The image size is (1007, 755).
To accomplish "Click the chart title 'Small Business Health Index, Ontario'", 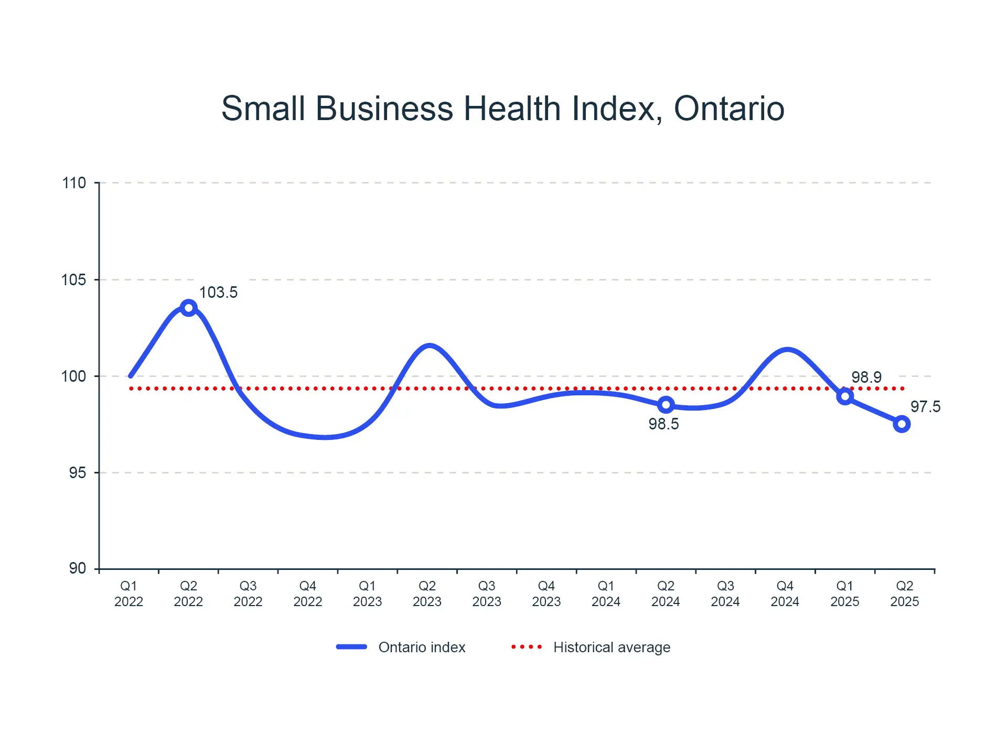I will tap(502, 109).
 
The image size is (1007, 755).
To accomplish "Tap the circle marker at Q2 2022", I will tap(188, 308).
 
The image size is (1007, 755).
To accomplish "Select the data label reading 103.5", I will tap(218, 293).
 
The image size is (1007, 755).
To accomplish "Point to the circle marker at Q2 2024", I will tap(666, 405).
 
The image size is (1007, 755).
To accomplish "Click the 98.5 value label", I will tap(663, 424).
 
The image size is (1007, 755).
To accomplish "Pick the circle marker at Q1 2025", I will tap(844, 396).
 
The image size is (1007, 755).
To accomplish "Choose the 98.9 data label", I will tap(866, 377).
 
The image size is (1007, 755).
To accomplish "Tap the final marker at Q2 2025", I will tap(902, 424).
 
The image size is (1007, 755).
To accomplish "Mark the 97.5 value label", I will tap(925, 407).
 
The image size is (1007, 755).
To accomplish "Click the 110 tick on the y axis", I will tap(74, 183).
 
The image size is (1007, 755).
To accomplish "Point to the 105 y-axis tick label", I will tap(74, 280).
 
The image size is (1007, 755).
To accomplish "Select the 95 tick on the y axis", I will tap(77, 473).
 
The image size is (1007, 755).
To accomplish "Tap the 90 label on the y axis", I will tap(77, 568).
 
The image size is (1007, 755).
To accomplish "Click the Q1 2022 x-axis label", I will tap(128, 594).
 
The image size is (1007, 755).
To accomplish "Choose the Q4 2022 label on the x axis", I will tap(307, 594).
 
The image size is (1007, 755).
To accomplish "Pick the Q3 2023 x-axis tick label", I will tap(487, 594).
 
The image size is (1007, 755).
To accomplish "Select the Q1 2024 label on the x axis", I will tap(606, 594).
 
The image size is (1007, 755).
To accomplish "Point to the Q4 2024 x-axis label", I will tap(785, 594).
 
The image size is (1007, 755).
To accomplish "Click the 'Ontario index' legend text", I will tap(422, 648).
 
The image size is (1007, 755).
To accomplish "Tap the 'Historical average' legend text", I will tap(612, 648).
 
